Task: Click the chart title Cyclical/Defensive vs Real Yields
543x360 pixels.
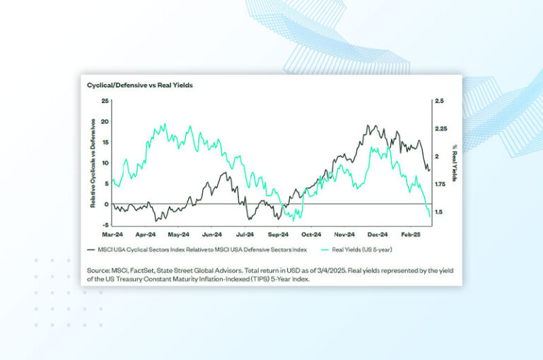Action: click(x=140, y=85)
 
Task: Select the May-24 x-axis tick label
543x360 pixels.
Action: click(x=180, y=233)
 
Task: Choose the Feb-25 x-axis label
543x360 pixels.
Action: click(x=412, y=233)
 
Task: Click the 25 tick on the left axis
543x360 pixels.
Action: click(x=105, y=101)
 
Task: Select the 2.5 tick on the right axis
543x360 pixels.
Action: click(x=439, y=101)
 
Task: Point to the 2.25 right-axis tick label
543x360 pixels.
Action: click(x=441, y=129)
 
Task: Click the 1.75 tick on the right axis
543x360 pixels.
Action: click(x=441, y=184)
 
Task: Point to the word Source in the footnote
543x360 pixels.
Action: click(x=100, y=270)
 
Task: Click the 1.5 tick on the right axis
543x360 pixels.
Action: click(x=438, y=211)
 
